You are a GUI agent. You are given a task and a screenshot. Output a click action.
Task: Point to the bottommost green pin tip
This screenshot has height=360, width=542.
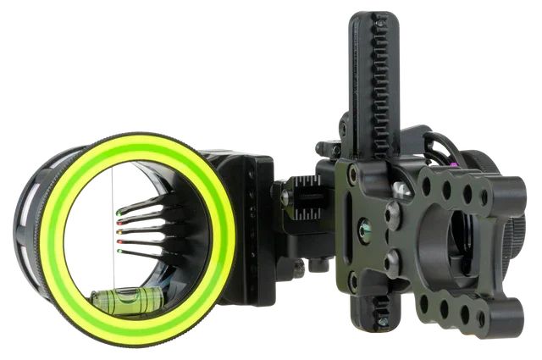(121, 252)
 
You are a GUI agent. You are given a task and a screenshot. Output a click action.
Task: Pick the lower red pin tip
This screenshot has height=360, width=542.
(121, 241)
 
